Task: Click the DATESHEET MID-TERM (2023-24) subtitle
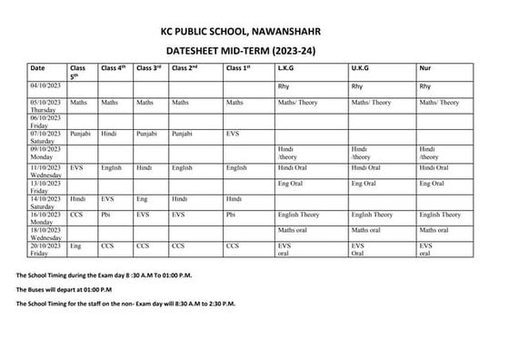(254, 51)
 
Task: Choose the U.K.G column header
(360, 68)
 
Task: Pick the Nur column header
(424, 68)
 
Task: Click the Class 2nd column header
(185, 68)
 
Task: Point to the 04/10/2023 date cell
(45, 86)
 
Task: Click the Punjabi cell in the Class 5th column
(81, 134)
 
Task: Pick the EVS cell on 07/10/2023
(233, 134)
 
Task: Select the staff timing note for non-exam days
(125, 303)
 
